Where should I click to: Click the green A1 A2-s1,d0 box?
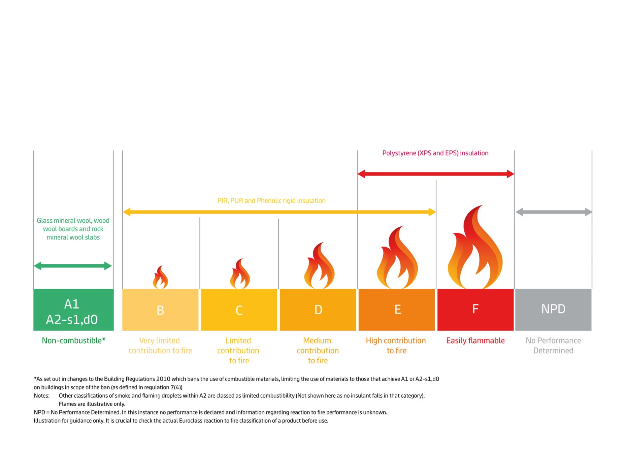[73, 310]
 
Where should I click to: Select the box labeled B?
[160, 310]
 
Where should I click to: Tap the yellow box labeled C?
[239, 310]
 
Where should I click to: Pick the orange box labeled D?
[318, 310]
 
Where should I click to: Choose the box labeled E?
[397, 310]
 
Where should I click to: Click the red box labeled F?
[475, 310]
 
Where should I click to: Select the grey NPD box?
[553, 310]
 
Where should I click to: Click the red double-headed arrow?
[435, 174]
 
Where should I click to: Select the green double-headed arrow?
[73, 266]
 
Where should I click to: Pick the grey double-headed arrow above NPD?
[553, 212]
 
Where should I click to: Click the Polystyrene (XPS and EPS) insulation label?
[435, 153]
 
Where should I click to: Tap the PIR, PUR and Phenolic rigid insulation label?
[271, 201]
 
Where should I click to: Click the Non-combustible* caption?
[73, 340]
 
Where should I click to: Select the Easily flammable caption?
[475, 340]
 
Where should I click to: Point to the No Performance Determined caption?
[553, 346]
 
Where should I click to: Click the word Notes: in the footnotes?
[42, 396]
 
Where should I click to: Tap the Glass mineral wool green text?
[73, 229]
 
